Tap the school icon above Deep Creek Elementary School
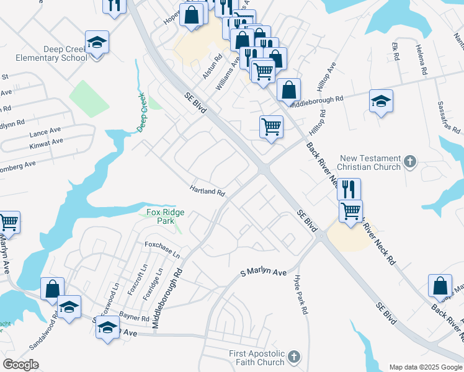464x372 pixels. (x=97, y=42)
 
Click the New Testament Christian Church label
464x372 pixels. (x=370, y=163)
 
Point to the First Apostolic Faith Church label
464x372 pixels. (x=256, y=358)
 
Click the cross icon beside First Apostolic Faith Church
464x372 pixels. (x=293, y=357)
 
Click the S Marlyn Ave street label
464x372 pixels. (x=264, y=273)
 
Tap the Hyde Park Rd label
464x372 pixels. (x=301, y=295)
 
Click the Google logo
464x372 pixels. (x=20, y=365)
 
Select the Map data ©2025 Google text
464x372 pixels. (x=425, y=367)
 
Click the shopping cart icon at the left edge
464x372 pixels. (x=9, y=221)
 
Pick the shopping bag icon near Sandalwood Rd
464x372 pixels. (x=52, y=288)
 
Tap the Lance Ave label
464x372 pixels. (x=45, y=133)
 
